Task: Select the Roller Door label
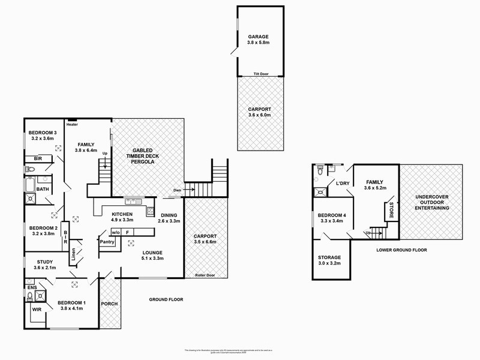[205, 275]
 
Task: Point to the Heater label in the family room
[73, 124]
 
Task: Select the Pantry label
[107, 242]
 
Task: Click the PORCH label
[110, 304]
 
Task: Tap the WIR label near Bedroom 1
[37, 310]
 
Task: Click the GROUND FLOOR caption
[166, 299]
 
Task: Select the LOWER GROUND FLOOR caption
[401, 250]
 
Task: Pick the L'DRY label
[343, 183]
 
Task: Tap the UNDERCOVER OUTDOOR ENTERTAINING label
[431, 203]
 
